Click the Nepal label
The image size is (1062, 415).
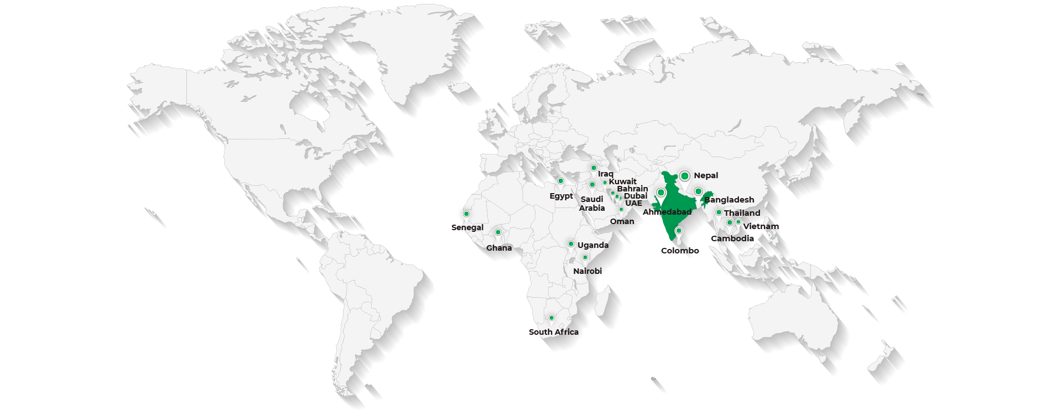click(706, 175)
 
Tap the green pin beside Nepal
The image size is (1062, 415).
click(685, 176)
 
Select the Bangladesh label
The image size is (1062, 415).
click(729, 200)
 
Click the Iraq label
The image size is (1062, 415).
click(606, 174)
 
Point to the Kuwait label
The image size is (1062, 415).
click(623, 181)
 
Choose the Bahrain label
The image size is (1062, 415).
click(632, 189)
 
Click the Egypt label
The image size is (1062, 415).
click(561, 196)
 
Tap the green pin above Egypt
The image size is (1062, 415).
click(560, 181)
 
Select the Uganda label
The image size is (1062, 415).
click(592, 245)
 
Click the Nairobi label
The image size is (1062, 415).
click(587, 271)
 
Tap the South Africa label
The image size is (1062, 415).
click(554, 332)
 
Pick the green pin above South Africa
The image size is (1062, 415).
click(551, 318)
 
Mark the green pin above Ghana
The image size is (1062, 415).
click(498, 232)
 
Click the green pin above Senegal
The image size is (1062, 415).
click(466, 214)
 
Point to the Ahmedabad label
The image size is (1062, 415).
click(667, 212)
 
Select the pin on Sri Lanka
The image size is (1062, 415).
click(679, 231)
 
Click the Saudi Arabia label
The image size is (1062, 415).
click(592, 204)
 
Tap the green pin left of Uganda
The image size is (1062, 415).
click(571, 244)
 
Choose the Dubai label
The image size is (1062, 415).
click(636, 196)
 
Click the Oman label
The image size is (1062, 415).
click(622, 221)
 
